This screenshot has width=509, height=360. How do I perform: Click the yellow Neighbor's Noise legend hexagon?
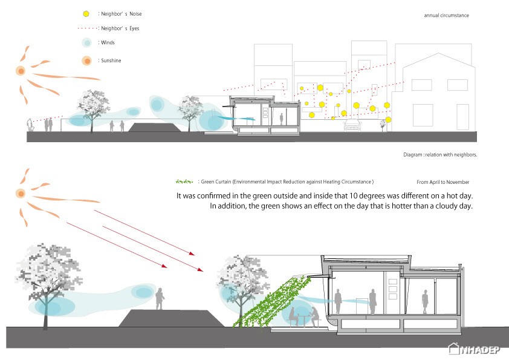click(86, 14)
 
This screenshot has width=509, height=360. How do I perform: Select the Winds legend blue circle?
click(86, 42)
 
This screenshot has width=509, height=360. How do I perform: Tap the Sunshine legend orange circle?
click(86, 61)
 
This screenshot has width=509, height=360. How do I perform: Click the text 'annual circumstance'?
click(446, 15)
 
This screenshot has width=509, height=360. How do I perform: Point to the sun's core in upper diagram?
click(21, 71)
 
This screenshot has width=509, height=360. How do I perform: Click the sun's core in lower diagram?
click(21, 194)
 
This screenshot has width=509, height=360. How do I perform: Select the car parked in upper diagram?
click(352, 125)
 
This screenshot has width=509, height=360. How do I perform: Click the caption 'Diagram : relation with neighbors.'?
click(440, 155)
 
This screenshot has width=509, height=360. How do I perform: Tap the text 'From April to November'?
click(443, 182)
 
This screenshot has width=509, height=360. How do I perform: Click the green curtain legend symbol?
click(184, 182)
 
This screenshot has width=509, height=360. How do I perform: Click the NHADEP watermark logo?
click(474, 349)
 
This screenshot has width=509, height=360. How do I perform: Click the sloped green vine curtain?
click(272, 301)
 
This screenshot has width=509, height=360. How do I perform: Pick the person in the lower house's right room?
click(425, 302)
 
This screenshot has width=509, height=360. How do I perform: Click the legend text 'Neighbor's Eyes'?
click(120, 28)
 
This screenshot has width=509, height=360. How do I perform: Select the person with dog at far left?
click(30, 125)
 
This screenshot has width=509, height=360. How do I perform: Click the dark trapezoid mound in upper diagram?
click(154, 128)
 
